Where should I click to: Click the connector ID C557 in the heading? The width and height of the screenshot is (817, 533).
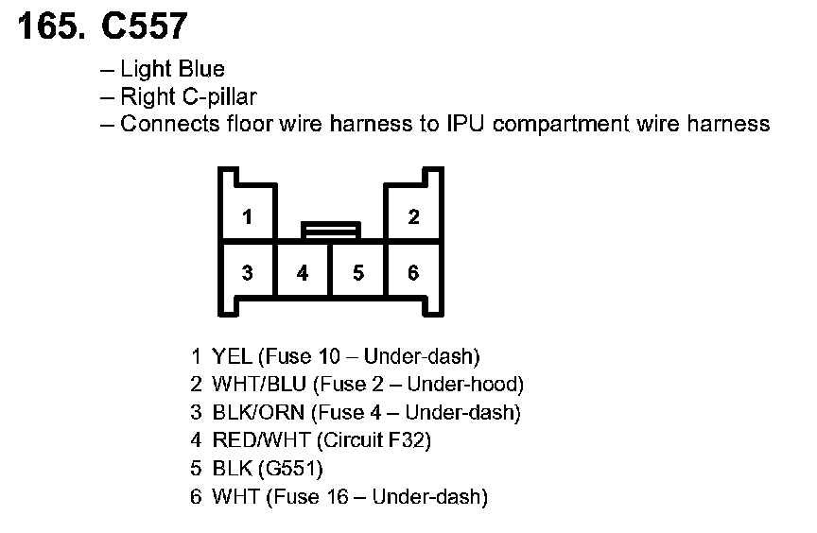(146, 27)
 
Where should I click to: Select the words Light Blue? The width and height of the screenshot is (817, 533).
(172, 70)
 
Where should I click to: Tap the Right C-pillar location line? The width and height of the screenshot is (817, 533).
(188, 96)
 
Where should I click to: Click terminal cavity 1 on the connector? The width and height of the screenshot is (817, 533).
(247, 217)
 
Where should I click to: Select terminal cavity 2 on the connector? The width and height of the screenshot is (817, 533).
(413, 217)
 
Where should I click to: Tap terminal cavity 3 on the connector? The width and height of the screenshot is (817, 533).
(247, 273)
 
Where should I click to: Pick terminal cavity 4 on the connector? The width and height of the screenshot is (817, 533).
(303, 273)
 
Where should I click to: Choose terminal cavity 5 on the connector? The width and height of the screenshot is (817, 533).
(357, 273)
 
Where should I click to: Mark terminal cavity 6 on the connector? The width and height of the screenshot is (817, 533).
(413, 273)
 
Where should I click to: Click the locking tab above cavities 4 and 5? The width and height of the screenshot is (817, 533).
(330, 230)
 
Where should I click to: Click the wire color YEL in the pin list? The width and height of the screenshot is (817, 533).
(232, 356)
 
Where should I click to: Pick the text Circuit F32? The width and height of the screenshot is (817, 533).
(374, 440)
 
